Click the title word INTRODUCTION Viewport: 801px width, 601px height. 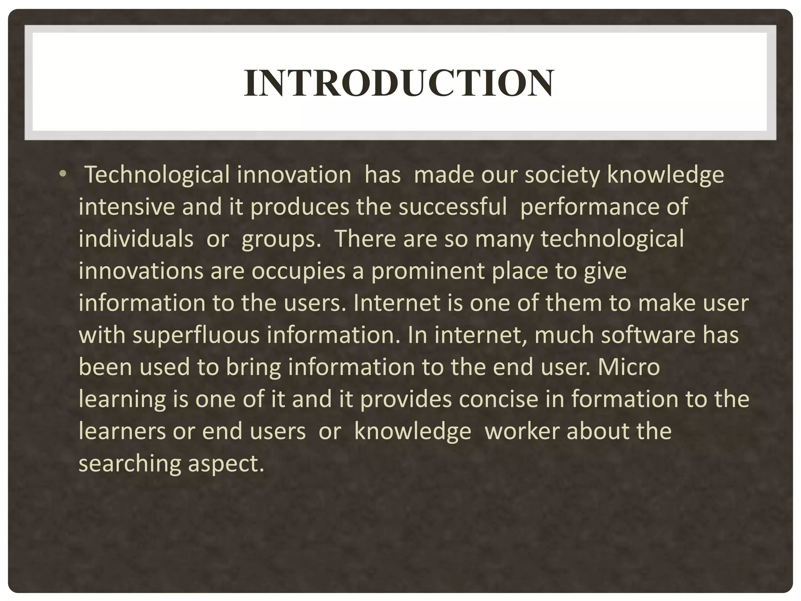(x=399, y=83)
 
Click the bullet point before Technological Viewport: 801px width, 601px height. (x=63, y=174)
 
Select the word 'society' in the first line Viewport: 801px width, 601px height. (x=562, y=175)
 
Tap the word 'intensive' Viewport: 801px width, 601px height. (x=126, y=207)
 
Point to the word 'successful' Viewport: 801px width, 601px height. (x=453, y=207)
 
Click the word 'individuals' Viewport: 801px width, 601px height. (x=136, y=239)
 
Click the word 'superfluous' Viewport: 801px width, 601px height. (x=196, y=335)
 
